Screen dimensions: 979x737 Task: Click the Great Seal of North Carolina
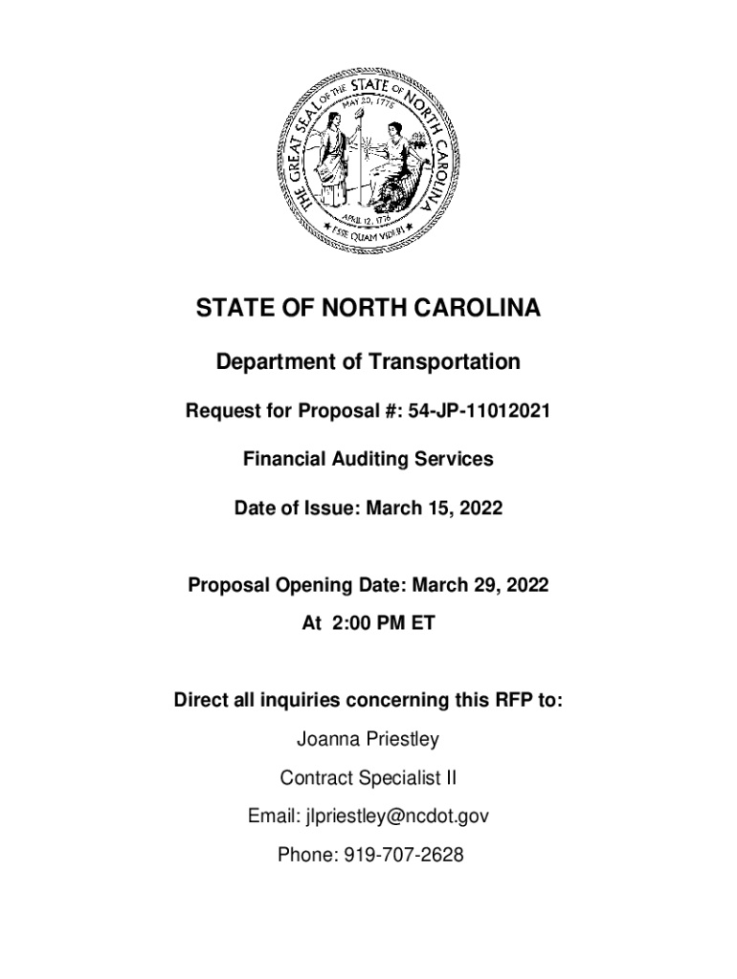point(368,154)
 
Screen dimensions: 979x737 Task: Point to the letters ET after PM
point(423,623)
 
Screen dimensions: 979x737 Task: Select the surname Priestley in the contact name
point(400,740)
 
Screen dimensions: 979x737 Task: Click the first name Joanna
point(325,740)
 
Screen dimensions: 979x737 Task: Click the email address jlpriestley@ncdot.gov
point(397,817)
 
